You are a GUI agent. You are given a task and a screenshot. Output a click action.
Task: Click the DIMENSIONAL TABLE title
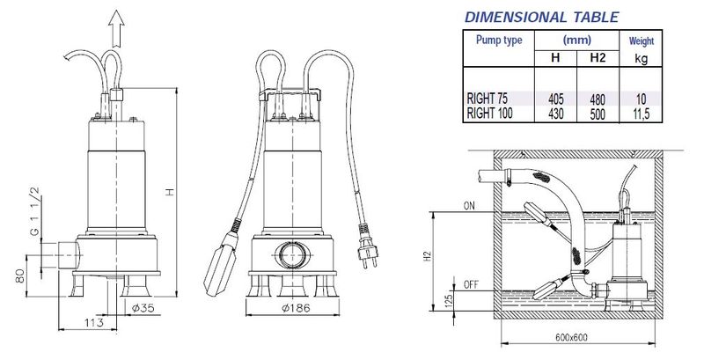(x=541, y=17)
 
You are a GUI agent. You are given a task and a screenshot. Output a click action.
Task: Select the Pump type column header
(x=499, y=40)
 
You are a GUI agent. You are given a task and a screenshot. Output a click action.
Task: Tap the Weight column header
(x=642, y=40)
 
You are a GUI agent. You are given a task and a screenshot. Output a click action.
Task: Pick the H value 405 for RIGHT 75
(x=556, y=99)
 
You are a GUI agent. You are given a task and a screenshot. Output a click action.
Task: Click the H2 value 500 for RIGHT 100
(x=598, y=114)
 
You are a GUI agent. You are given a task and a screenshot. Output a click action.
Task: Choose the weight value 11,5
(x=641, y=114)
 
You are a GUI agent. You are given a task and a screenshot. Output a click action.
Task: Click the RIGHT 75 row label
(x=488, y=99)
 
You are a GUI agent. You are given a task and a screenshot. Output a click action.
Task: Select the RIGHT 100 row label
(x=489, y=114)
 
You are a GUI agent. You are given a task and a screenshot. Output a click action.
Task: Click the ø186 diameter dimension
(x=296, y=308)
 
